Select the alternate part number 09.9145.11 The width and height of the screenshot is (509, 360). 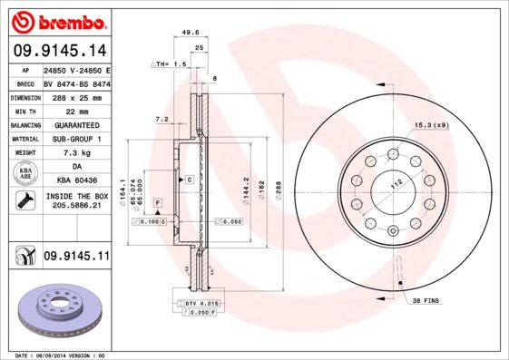77,257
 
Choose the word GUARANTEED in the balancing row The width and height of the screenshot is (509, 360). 77,124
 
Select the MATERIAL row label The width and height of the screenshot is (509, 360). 24,139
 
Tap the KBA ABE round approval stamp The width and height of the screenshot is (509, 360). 24,174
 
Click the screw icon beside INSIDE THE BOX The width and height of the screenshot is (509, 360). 24,201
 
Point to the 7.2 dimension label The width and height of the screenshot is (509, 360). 162,119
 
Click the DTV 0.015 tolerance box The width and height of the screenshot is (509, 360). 202,302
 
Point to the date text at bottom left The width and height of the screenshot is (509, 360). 61,355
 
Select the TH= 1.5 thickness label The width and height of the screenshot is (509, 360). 170,65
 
